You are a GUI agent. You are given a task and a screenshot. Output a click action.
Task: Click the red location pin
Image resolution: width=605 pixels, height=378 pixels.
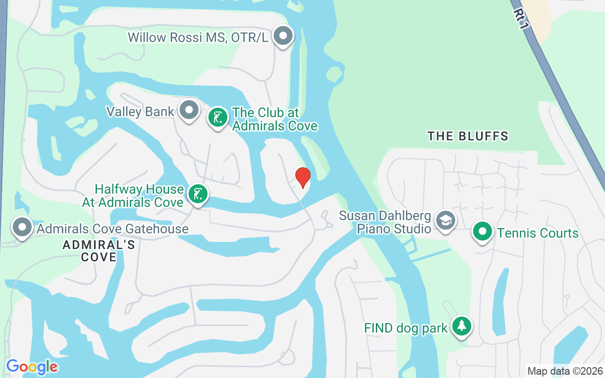coord(302,177)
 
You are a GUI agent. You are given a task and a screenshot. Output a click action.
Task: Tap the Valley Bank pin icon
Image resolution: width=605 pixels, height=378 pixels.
coord(190,111)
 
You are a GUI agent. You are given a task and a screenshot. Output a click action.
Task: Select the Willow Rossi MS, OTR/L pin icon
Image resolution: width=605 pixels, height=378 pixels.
coord(284,35)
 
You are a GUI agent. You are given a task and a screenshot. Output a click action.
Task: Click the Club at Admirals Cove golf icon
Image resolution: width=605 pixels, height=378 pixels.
coord(218,117)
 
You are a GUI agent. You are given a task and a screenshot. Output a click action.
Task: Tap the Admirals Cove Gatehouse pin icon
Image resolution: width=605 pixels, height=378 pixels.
coord(22,227)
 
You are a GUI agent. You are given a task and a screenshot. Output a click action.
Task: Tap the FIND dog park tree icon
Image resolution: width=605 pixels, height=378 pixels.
coord(462,326)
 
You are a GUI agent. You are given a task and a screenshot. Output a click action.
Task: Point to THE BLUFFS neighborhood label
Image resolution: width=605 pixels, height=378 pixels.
coord(467,137)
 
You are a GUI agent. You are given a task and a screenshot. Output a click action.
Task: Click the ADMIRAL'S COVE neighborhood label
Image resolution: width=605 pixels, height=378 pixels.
coord(99,251)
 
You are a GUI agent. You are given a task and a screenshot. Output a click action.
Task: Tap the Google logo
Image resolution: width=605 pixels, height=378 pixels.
coord(32,367)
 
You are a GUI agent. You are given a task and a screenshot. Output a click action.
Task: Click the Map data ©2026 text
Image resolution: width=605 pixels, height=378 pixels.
coord(565,371)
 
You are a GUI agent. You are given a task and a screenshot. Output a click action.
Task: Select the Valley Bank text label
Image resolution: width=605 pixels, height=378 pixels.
coord(140,112)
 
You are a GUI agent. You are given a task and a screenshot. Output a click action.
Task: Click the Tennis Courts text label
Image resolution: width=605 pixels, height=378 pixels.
coord(537,233)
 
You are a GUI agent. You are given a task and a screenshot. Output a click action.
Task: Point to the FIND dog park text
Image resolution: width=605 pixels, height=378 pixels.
coord(406,328)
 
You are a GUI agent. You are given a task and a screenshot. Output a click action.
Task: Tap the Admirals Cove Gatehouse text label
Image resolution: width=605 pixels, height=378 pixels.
coord(112,229)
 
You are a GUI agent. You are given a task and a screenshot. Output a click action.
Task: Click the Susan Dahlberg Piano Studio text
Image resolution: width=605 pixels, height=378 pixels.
coord(385,223)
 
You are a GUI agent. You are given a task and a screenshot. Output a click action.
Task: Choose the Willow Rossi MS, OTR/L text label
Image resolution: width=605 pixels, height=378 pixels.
coord(198,37)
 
